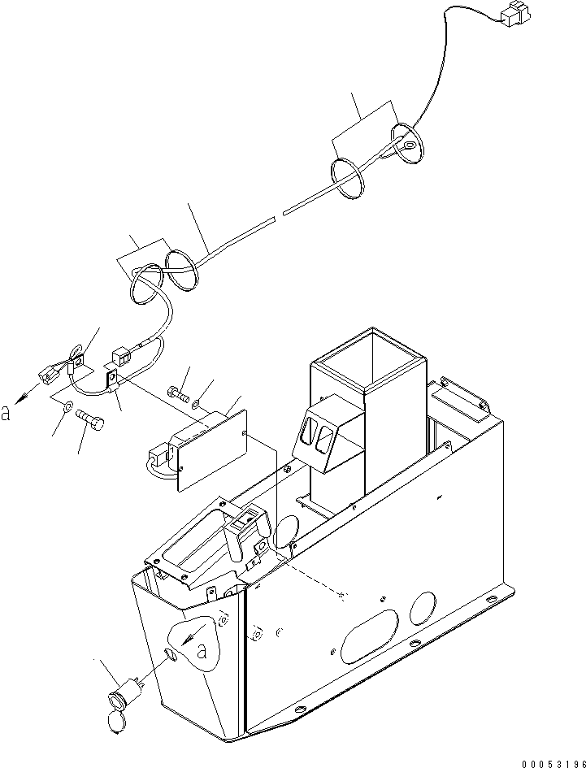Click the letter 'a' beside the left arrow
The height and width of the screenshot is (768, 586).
click(7, 414)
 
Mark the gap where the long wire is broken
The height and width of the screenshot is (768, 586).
click(277, 215)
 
